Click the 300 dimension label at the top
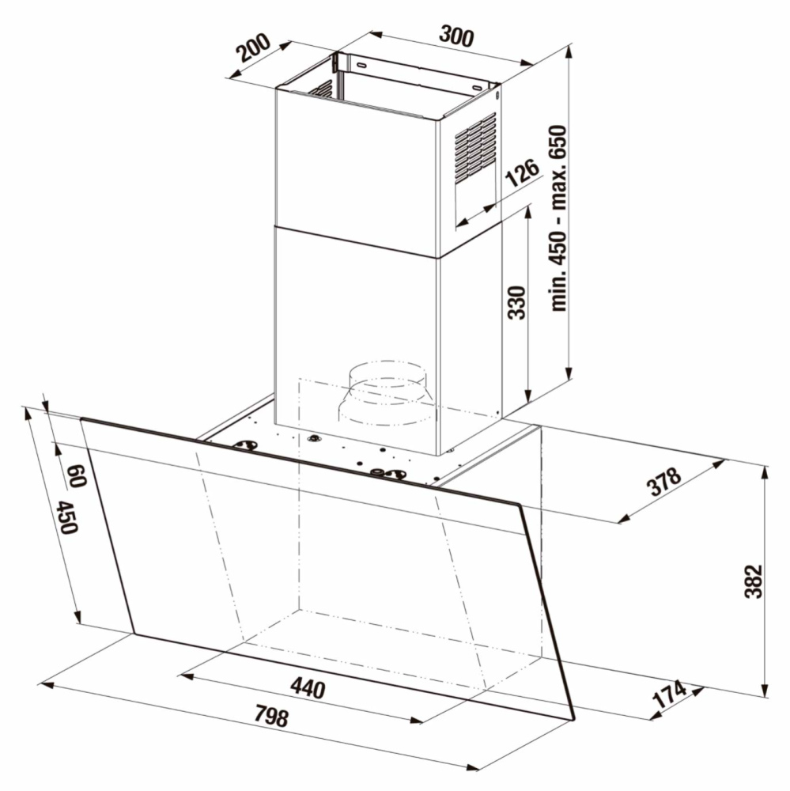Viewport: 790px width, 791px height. click(x=456, y=36)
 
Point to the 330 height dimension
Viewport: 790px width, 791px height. click(x=516, y=303)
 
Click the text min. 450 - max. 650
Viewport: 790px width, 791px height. click(x=558, y=218)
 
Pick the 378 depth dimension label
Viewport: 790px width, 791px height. click(x=664, y=482)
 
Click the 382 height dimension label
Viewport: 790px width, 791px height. click(x=754, y=581)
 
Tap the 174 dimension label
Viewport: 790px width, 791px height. click(x=670, y=694)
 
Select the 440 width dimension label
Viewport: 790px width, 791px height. click(x=308, y=688)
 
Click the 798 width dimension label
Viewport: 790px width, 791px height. click(x=271, y=716)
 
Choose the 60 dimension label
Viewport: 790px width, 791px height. click(x=76, y=475)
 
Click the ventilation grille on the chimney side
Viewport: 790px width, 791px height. click(x=476, y=147)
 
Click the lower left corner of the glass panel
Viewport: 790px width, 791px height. click(x=134, y=634)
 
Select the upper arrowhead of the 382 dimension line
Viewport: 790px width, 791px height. click(x=765, y=472)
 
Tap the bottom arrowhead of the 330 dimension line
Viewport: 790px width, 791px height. click(x=527, y=396)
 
